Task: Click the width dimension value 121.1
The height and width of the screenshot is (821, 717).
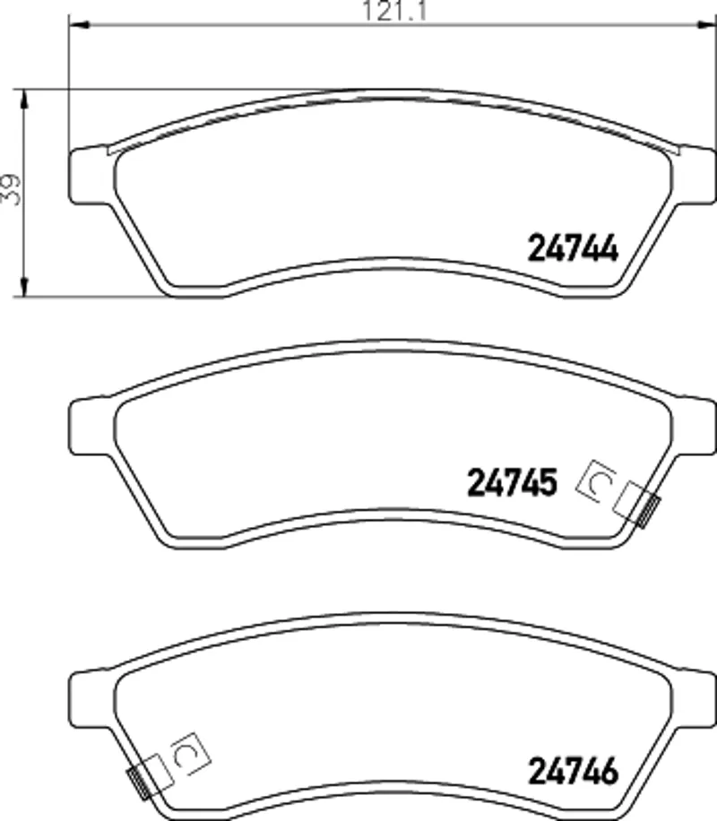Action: pos(395,11)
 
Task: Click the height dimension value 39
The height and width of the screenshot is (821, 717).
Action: pos(11,189)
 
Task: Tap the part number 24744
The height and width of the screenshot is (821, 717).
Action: pos(573,247)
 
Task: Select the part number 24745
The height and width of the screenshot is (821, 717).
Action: pos(512,482)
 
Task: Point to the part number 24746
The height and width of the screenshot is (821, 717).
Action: pos(573,772)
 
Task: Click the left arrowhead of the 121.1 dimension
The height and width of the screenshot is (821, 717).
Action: pos(79,23)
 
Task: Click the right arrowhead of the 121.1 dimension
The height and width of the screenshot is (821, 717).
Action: pos(705,23)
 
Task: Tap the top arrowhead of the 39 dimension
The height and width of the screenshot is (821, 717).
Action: pos(23,100)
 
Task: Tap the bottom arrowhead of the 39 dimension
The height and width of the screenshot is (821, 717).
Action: pos(23,286)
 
